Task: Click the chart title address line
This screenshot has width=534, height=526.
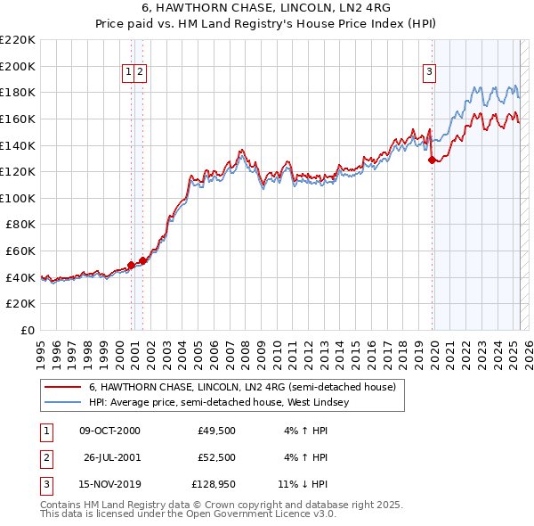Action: point(266,7)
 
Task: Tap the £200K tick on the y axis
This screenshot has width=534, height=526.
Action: point(19,66)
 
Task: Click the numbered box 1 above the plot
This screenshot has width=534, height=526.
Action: point(129,73)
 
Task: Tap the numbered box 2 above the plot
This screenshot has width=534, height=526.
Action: point(141,73)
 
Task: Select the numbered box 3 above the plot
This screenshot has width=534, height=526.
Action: point(429,73)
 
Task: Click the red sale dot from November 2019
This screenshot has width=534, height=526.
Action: point(433,160)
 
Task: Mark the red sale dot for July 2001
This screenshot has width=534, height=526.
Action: point(142,260)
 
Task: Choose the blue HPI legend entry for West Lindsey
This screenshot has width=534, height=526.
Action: point(219,402)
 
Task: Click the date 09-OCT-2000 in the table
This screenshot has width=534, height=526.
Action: point(109,431)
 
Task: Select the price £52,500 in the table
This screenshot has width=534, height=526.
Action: point(216,457)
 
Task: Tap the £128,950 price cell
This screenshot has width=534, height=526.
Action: point(214,484)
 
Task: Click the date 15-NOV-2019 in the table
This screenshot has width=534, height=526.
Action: point(109,484)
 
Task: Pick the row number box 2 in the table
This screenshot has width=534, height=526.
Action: point(45,457)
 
